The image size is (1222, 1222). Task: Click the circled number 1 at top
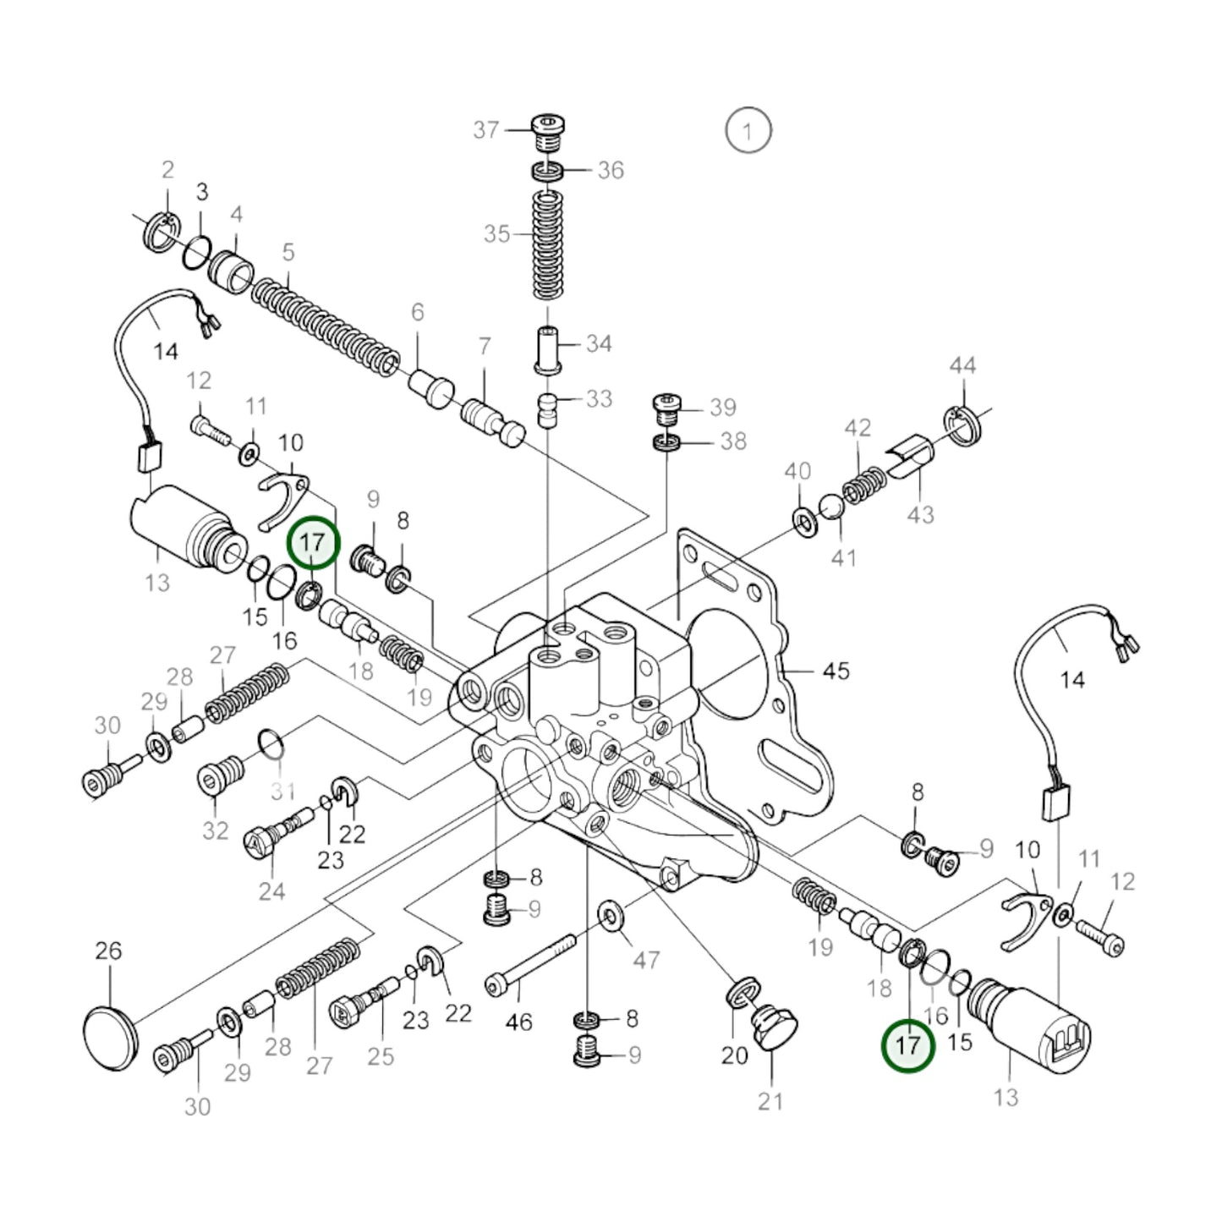click(748, 131)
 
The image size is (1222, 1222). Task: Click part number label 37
click(485, 129)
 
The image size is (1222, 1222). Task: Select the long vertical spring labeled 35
click(548, 245)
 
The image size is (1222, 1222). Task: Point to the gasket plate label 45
click(836, 671)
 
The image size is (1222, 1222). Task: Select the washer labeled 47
click(609, 914)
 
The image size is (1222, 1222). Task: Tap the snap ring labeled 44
click(962, 425)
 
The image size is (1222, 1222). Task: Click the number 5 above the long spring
click(288, 252)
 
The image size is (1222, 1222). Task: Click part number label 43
click(920, 514)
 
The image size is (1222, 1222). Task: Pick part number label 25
click(381, 1055)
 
